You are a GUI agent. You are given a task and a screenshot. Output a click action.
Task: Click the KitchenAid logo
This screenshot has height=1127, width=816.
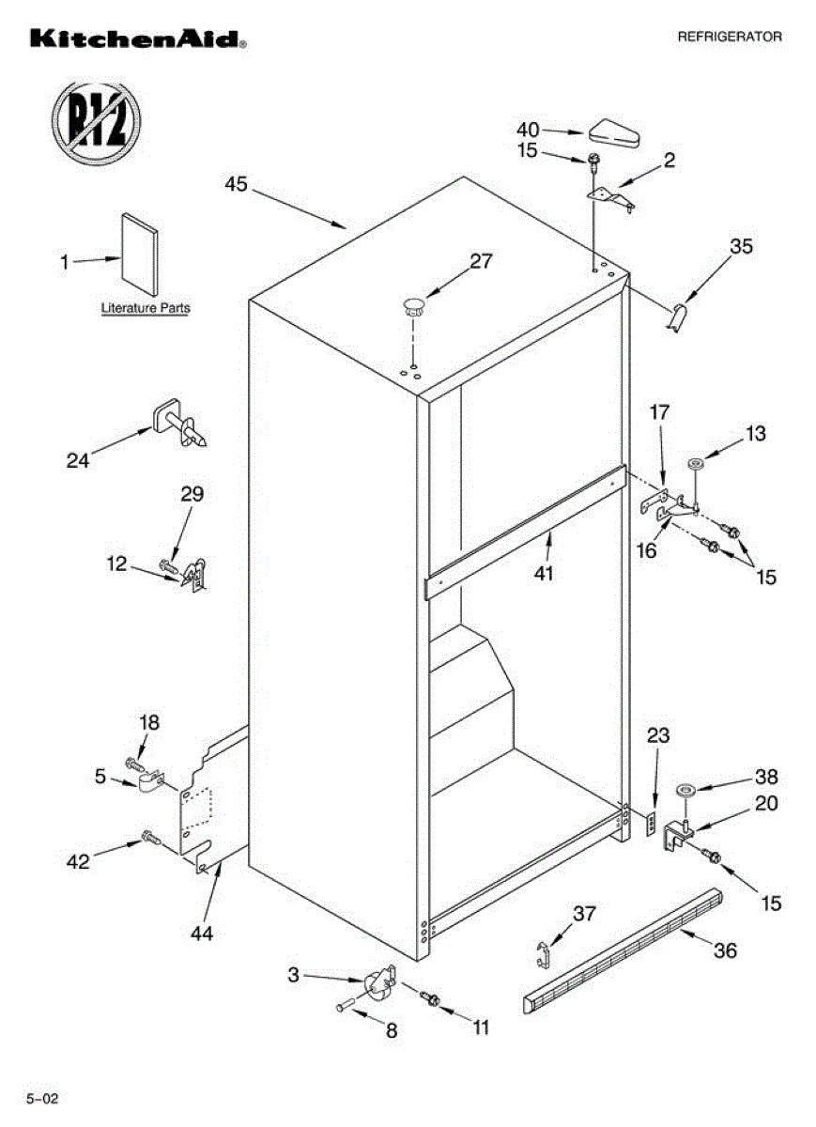click(138, 39)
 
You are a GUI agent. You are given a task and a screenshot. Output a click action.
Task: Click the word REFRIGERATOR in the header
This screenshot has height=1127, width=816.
click(730, 37)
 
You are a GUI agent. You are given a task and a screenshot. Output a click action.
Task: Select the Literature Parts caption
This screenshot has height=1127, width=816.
click(145, 307)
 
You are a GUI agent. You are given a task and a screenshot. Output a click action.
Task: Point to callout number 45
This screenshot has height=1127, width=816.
click(236, 184)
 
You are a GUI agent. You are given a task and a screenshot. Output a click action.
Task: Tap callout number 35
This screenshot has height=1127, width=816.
click(742, 247)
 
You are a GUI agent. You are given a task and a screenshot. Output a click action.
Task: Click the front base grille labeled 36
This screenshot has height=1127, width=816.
click(624, 949)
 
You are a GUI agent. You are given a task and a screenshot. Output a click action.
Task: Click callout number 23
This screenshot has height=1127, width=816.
click(658, 736)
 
